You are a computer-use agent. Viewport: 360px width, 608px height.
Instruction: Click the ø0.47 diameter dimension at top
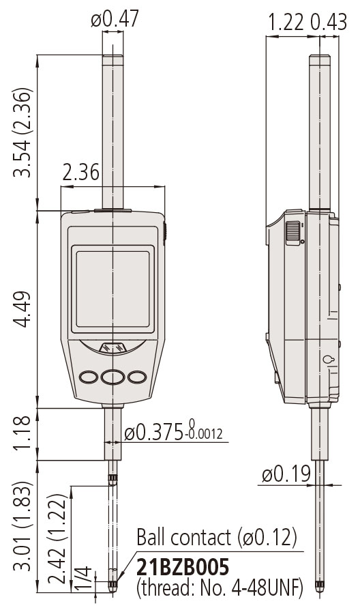click(115, 20)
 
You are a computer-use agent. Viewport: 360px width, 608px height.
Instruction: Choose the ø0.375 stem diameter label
click(175, 433)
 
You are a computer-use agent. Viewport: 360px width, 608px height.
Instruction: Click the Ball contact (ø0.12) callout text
click(217, 536)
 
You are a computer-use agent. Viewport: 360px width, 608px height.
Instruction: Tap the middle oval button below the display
click(112, 376)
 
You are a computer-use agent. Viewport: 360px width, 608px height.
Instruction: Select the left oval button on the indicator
click(89, 376)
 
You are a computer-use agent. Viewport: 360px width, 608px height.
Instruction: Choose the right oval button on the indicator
click(137, 376)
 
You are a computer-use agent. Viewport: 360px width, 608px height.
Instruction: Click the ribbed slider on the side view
click(292, 232)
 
